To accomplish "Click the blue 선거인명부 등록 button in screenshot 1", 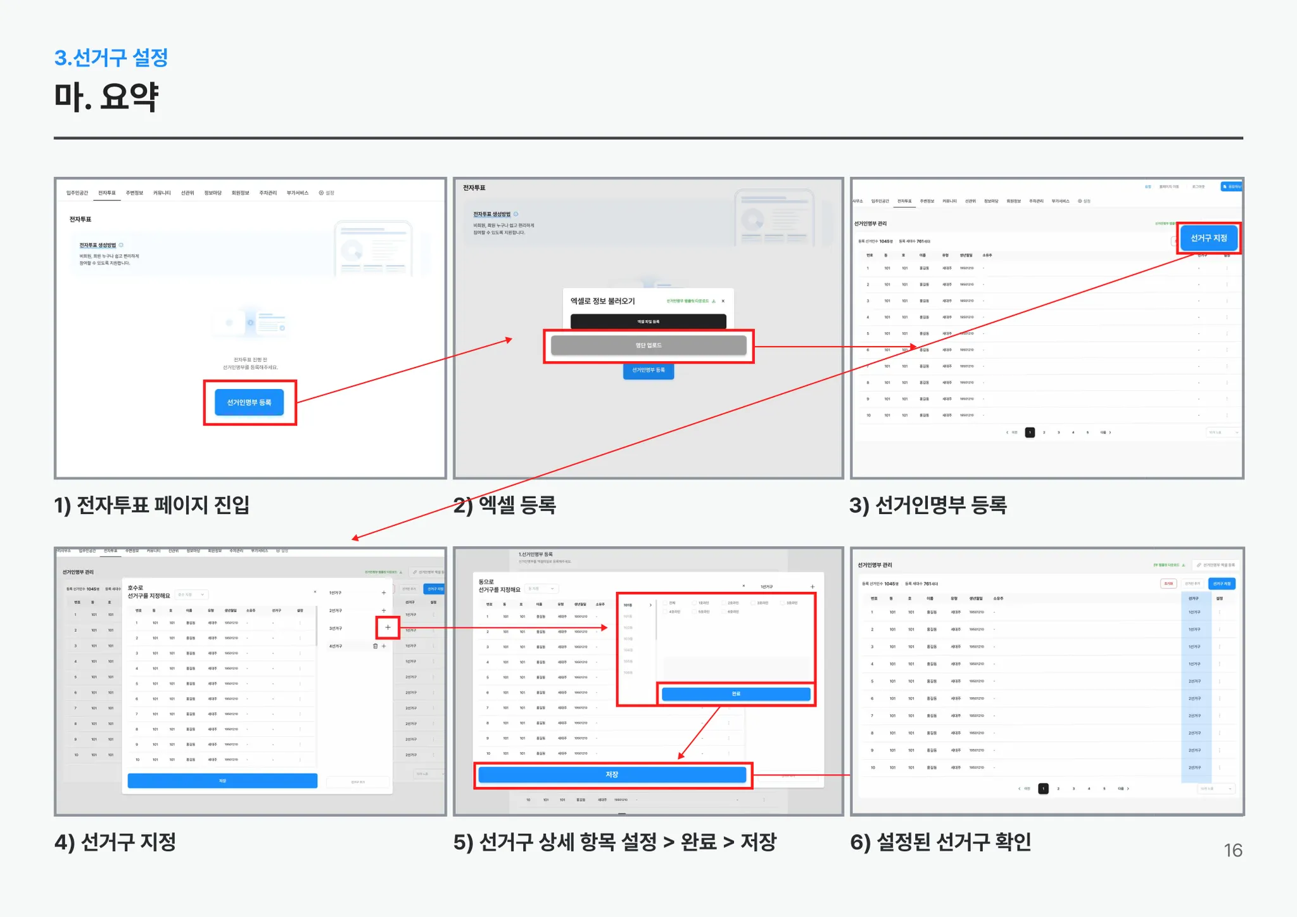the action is (249, 402).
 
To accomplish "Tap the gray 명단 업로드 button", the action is (648, 345).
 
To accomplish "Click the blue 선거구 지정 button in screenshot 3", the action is (1208, 238).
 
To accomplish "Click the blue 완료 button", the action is (735, 694).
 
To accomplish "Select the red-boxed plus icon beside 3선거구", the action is (388, 627).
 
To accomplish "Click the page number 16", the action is (1232, 850).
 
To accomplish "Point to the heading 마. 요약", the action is (106, 97).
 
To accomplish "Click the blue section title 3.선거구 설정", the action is (111, 58).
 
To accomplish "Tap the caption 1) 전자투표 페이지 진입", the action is (152, 505).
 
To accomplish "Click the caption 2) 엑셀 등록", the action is (505, 505).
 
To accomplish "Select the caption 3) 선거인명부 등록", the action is (928, 505).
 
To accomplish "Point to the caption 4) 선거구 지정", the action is (115, 842).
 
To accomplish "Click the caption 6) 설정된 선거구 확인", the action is (940, 842).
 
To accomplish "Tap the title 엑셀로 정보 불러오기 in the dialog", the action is (602, 301).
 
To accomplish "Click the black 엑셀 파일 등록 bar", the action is (648, 321).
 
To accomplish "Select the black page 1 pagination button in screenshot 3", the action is (1030, 432).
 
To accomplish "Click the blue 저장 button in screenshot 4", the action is (222, 781).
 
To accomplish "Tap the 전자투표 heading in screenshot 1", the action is (80, 219).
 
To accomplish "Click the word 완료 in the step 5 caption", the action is (699, 842).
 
